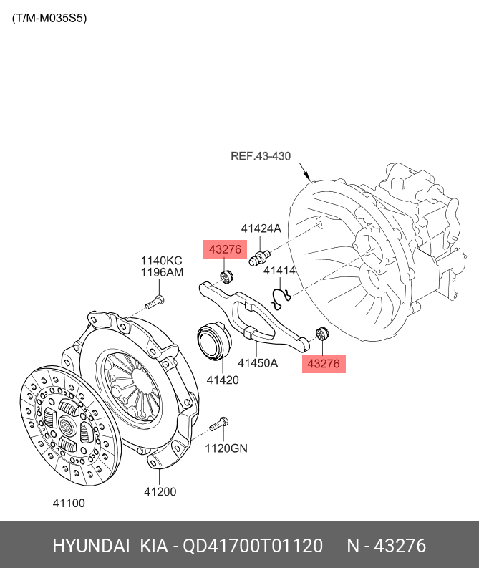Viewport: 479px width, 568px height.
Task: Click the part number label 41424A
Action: click(261, 228)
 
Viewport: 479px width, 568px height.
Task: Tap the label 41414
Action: click(279, 271)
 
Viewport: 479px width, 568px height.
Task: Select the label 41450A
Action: click(258, 362)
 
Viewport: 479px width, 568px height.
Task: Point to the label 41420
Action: click(222, 380)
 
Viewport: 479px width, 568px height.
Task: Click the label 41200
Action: click(160, 491)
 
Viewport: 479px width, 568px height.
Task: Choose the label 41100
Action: click(69, 503)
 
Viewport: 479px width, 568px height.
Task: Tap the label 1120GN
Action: click(226, 448)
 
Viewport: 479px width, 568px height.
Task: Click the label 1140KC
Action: click(161, 260)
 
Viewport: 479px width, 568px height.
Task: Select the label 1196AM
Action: click(161, 272)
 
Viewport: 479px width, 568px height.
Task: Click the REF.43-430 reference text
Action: click(261, 155)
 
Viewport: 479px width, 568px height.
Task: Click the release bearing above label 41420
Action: click(213, 339)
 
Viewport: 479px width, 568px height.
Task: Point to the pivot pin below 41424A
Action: click(258, 256)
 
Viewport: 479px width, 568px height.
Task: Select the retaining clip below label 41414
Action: click(281, 294)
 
